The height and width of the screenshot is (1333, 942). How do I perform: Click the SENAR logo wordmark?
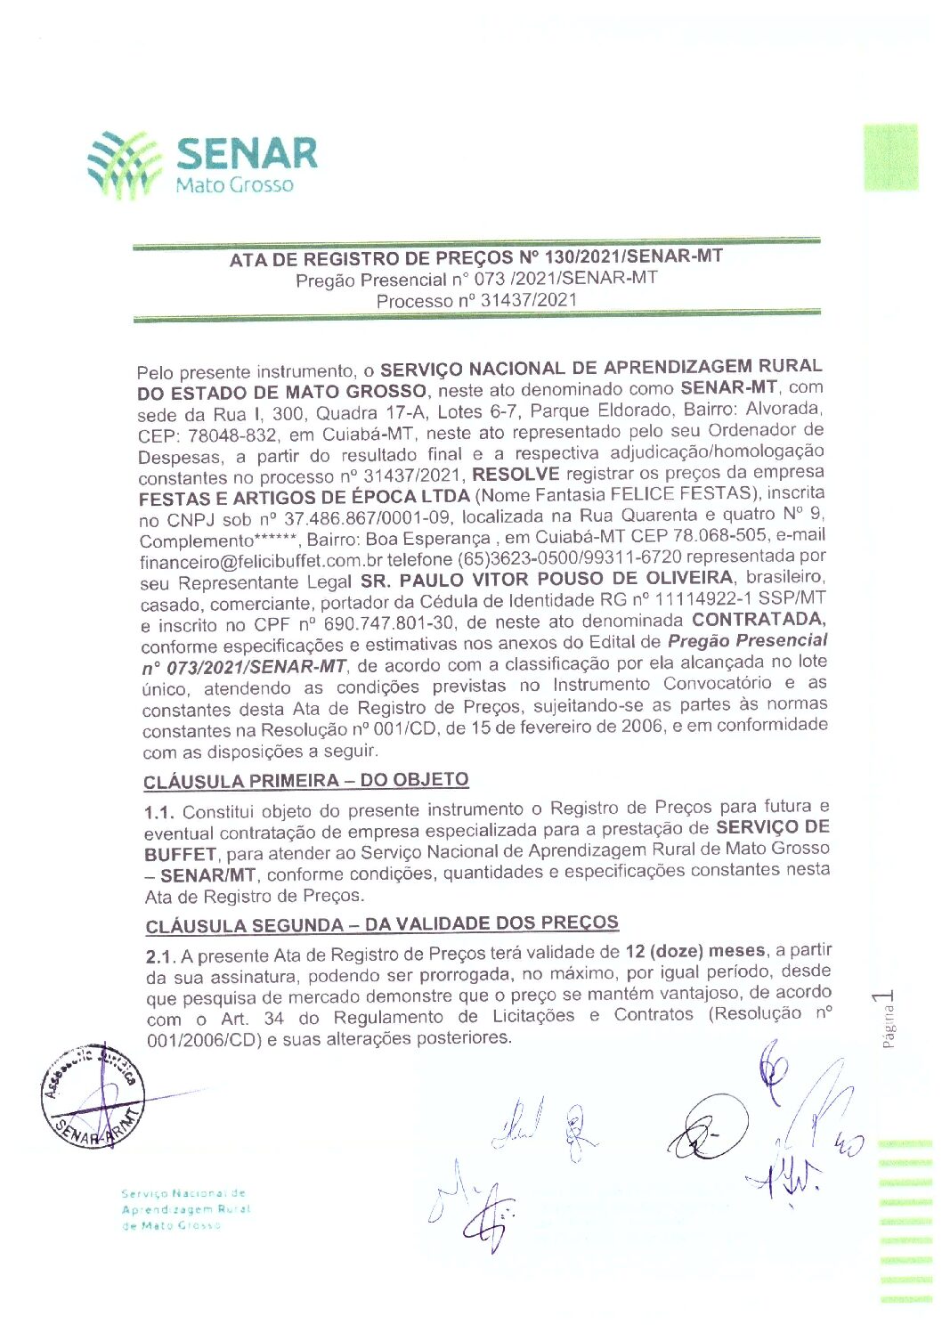[247, 153]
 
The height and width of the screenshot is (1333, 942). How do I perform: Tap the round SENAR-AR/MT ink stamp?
[92, 1096]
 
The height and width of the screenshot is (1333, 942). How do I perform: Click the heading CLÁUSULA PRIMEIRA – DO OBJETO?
[306, 781]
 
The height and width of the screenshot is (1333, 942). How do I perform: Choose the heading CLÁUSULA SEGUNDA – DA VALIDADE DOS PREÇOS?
[382, 924]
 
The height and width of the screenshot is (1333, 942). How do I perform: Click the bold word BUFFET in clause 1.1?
[180, 853]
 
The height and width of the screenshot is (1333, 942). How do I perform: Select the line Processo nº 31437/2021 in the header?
[476, 300]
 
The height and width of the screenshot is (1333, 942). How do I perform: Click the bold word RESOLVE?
[516, 474]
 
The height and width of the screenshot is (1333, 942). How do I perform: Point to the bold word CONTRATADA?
[759, 619]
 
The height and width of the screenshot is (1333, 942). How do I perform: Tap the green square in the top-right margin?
[889, 158]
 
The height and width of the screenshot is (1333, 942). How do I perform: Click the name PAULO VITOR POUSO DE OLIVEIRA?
[547, 580]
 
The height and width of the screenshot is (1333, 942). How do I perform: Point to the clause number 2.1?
[159, 956]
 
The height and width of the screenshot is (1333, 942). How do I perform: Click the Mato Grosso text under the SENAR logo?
[234, 185]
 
